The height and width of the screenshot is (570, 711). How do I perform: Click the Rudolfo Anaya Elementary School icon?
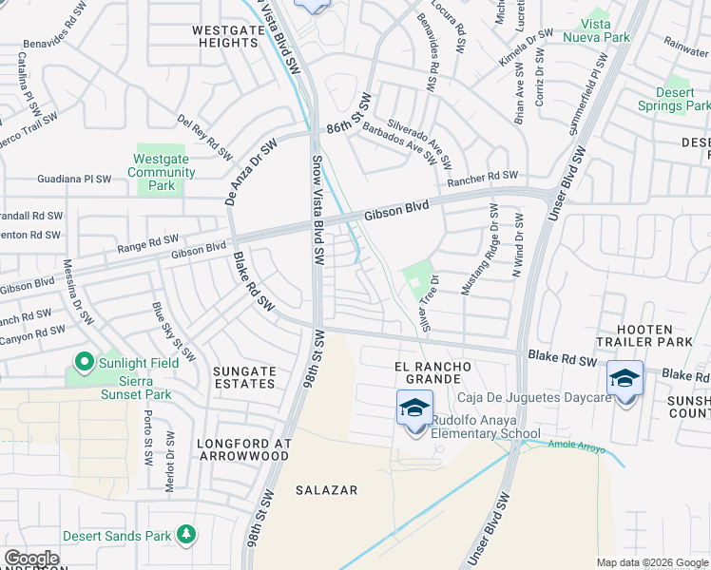[415, 408]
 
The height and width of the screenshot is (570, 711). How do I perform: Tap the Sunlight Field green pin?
[84, 361]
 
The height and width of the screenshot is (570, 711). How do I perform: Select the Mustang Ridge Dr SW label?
[479, 248]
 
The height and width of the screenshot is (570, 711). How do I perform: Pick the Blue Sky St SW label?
[174, 332]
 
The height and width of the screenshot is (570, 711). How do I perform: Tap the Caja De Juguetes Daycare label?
[534, 397]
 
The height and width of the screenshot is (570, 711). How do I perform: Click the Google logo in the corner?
[31, 559]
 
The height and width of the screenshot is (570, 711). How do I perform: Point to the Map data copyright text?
[652, 562]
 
